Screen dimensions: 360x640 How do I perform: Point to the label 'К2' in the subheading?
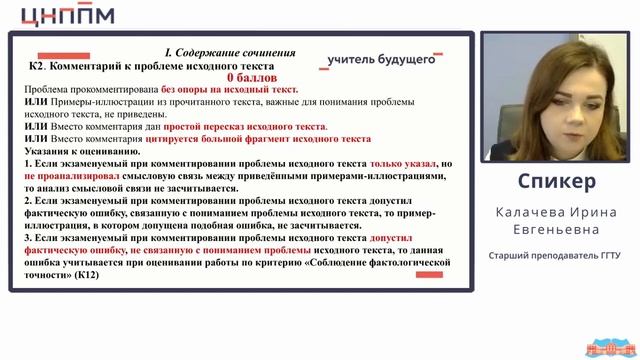[37, 65]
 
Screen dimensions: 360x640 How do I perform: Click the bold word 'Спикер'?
[557, 181]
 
